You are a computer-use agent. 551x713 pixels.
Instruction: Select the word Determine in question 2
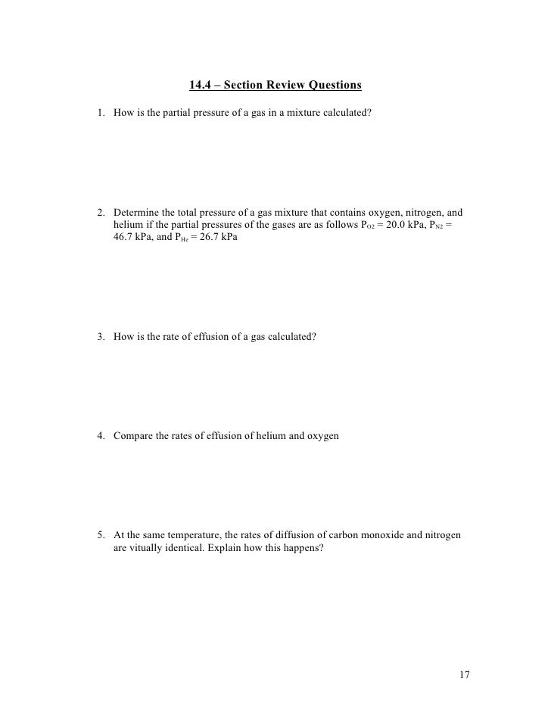pos(135,213)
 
